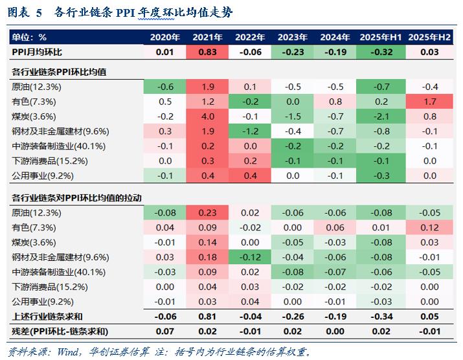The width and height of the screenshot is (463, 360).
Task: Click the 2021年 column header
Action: click(208, 38)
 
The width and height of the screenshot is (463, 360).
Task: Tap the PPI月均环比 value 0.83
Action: click(208, 52)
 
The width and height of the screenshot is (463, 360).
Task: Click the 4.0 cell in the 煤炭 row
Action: click(208, 117)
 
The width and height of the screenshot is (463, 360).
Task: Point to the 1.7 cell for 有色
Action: click(429, 102)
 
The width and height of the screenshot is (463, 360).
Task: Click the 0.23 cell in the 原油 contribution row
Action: click(208, 212)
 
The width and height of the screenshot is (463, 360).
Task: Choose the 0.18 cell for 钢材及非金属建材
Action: click(208, 258)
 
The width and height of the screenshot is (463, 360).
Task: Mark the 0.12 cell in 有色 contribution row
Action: click(429, 227)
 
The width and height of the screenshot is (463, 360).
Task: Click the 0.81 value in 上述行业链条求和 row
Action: click(208, 317)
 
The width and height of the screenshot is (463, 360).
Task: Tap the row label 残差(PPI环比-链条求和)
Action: click(58, 332)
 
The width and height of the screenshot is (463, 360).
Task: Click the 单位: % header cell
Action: click(30, 38)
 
